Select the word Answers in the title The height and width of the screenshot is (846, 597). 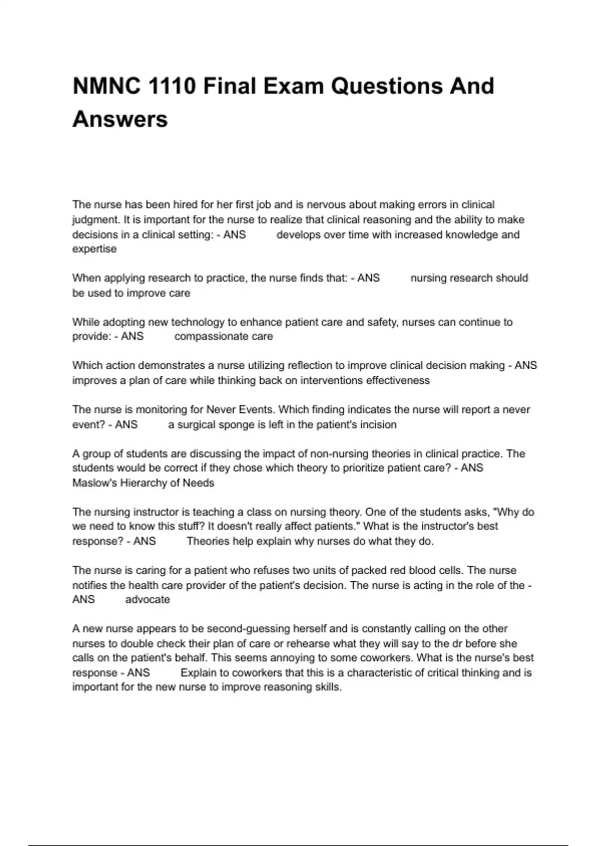tap(120, 119)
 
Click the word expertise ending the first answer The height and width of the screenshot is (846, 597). tap(94, 249)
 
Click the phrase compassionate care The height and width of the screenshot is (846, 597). tap(223, 336)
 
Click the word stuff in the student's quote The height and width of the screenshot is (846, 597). tap(191, 526)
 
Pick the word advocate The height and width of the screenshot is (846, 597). tap(147, 600)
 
